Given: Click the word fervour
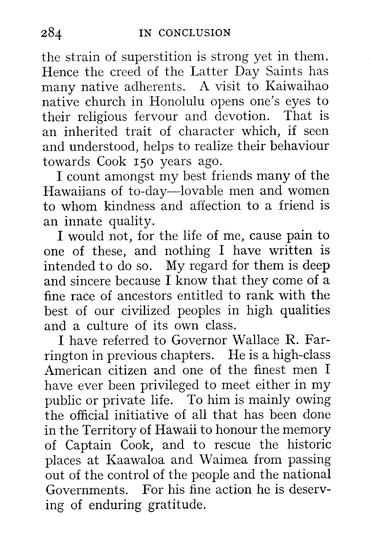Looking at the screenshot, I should [x=155, y=116].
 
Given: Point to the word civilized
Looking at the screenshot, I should [x=147, y=310].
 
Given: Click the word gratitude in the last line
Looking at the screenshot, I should [x=175, y=505].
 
